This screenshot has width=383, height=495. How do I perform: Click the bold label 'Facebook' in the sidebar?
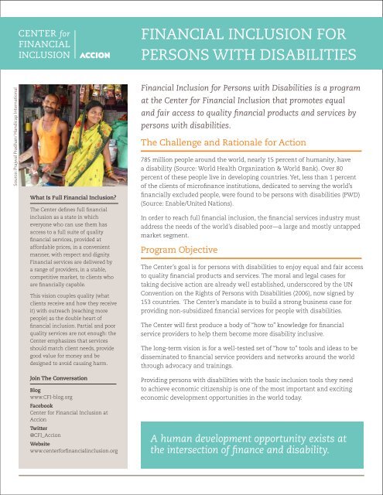[x=41, y=406]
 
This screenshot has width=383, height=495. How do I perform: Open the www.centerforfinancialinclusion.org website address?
[x=74, y=451]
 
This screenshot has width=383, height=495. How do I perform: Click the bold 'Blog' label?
[x=35, y=391]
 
